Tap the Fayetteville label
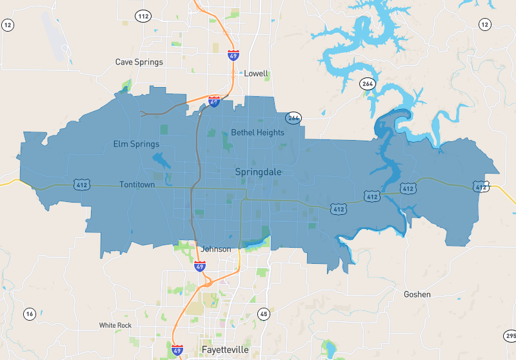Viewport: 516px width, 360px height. pyautogui.click(x=224, y=350)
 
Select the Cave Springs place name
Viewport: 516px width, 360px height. pyautogui.click(x=139, y=62)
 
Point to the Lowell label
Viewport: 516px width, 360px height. pyautogui.click(x=256, y=74)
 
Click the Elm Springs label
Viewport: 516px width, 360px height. pyautogui.click(x=136, y=143)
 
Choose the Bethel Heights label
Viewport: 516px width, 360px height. pyautogui.click(x=257, y=132)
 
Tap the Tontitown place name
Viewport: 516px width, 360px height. pyautogui.click(x=138, y=185)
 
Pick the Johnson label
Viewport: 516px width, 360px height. pyautogui.click(x=216, y=249)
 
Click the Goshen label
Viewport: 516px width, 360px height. pyautogui.click(x=417, y=294)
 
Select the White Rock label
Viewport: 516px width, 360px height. pyautogui.click(x=115, y=325)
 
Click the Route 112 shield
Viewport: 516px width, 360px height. pyautogui.click(x=143, y=15)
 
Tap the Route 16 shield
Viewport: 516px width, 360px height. pyautogui.click(x=30, y=314)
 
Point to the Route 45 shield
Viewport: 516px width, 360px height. pyautogui.click(x=263, y=314)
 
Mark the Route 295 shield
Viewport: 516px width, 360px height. pyautogui.click(x=510, y=336)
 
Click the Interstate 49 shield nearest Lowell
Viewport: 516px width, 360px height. pyautogui.click(x=233, y=55)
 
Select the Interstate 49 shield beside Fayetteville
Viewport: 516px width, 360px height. pyautogui.click(x=177, y=350)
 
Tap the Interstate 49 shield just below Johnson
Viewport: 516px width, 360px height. pyautogui.click(x=200, y=265)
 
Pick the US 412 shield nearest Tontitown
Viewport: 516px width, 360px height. pyautogui.click(x=81, y=185)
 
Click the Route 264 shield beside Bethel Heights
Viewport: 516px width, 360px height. pyautogui.click(x=293, y=118)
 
